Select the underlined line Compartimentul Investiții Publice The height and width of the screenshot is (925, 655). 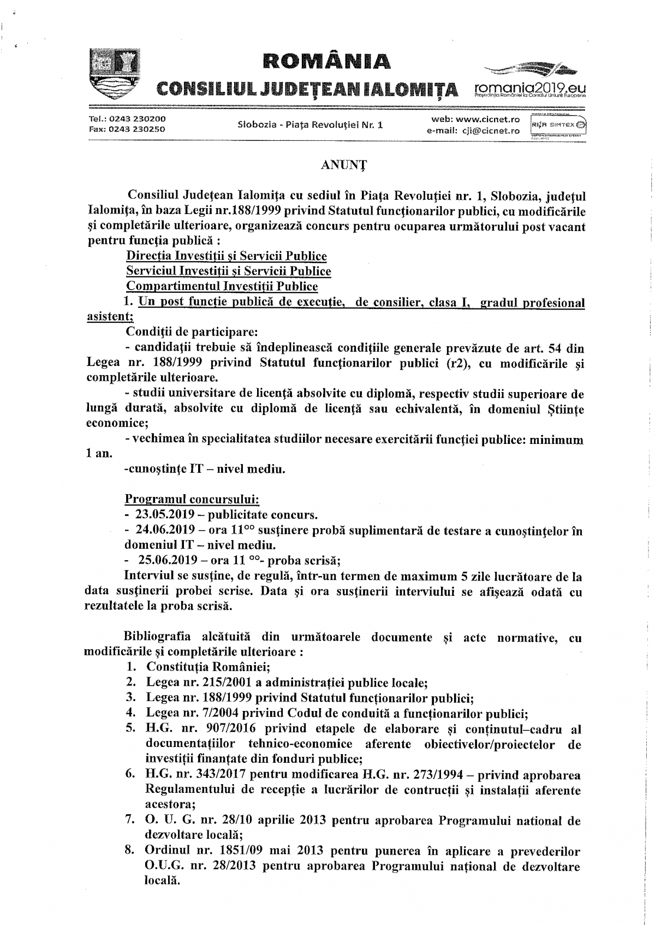click(222, 286)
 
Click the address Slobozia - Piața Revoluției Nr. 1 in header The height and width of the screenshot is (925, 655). click(310, 124)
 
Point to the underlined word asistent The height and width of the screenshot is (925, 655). click(109, 316)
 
